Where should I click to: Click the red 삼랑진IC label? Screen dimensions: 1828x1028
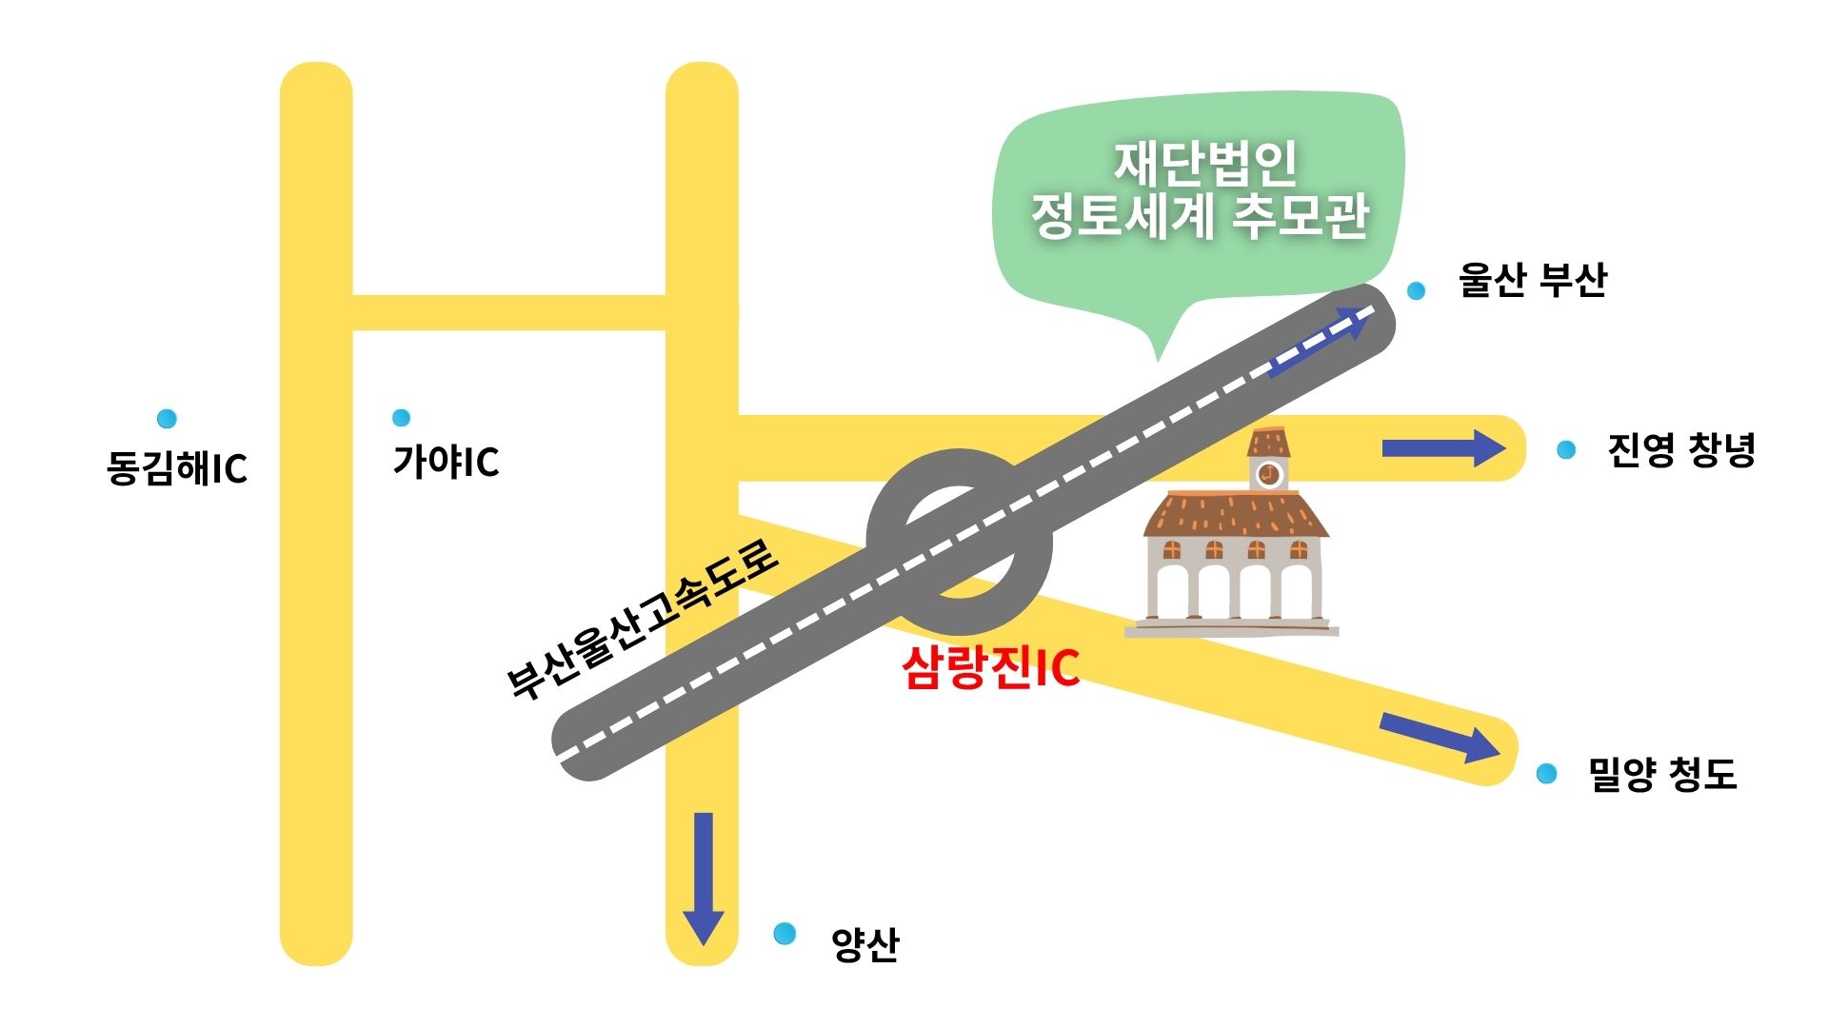(x=991, y=667)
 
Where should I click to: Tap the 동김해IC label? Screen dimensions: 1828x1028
(x=177, y=467)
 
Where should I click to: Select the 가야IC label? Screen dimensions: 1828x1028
(x=446, y=462)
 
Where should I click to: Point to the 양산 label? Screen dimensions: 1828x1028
(x=864, y=944)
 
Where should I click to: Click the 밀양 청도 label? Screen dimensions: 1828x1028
(x=1662, y=774)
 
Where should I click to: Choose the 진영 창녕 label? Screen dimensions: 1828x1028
(x=1680, y=449)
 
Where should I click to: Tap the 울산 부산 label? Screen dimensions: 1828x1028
(x=1532, y=280)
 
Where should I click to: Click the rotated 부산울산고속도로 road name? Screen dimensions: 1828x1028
(x=643, y=620)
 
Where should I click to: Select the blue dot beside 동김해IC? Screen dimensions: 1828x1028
(x=167, y=418)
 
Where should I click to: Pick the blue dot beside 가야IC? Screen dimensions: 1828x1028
(x=401, y=417)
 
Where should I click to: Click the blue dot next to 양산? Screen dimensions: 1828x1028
(x=785, y=934)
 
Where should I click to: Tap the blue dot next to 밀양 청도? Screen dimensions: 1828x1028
(x=1546, y=774)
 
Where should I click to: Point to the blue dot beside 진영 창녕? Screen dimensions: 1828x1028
(x=1565, y=449)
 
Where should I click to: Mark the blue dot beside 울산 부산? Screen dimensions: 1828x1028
(x=1416, y=290)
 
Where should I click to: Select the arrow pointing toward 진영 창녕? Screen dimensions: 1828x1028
(x=1443, y=448)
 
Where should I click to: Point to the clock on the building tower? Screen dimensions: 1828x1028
(x=1268, y=473)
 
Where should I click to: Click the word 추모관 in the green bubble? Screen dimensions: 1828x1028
(x=1301, y=217)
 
